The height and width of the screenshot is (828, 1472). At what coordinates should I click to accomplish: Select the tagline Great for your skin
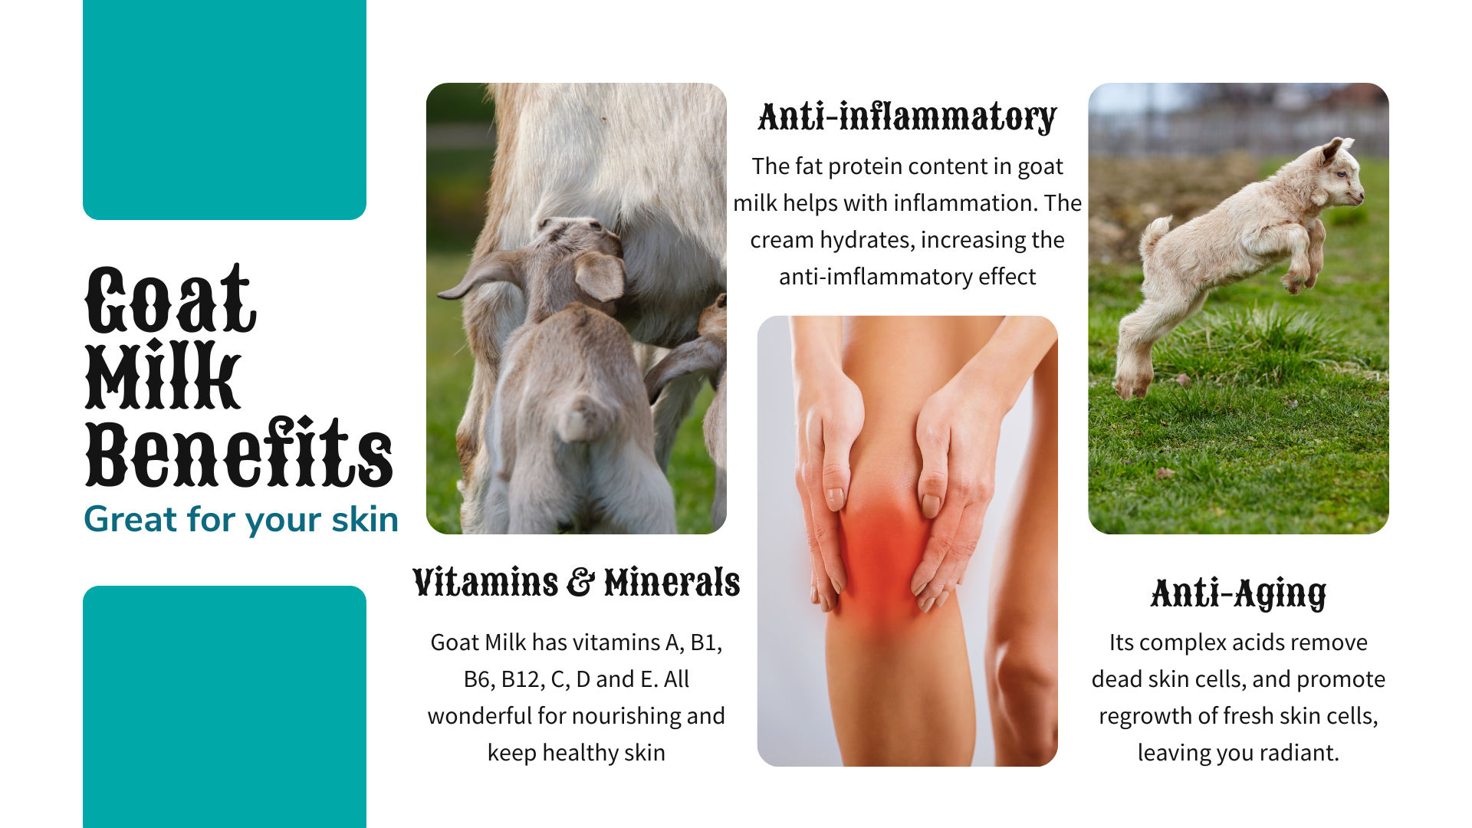241,519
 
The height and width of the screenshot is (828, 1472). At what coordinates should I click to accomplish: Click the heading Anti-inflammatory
907,117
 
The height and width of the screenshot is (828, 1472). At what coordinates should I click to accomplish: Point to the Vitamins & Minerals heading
576,582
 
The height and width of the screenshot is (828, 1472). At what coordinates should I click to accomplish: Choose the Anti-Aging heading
1238,593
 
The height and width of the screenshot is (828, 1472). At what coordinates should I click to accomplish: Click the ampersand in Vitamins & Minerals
580,582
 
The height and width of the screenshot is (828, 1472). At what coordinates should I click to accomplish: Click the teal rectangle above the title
225,110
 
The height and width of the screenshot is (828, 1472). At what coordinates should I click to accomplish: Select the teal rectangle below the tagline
225,707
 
